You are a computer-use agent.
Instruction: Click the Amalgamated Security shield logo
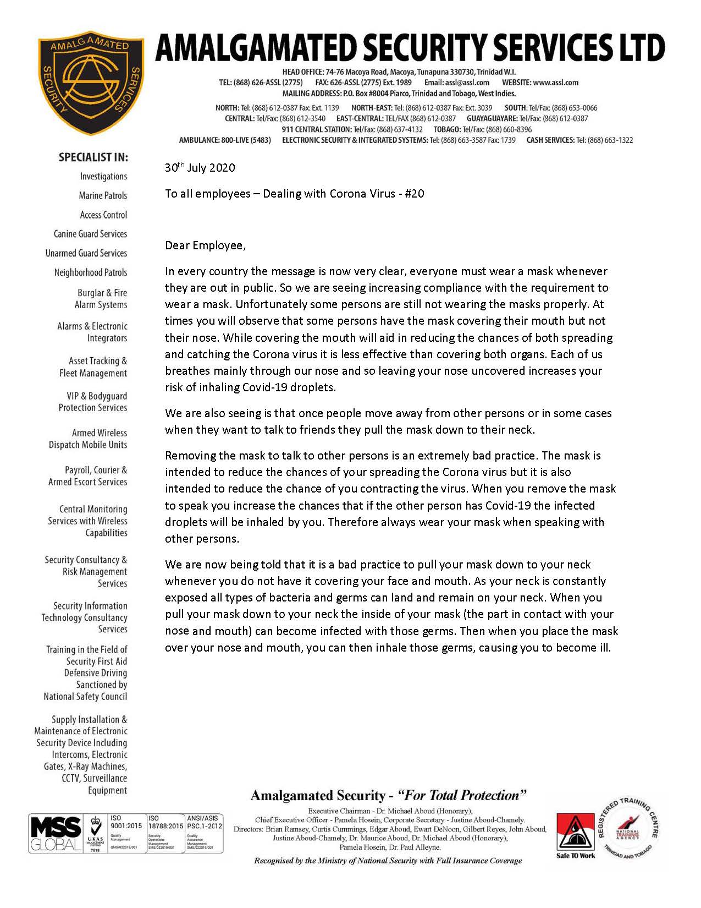tap(91, 82)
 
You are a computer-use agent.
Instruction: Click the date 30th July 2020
tap(200, 167)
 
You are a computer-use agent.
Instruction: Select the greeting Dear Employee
tap(205, 245)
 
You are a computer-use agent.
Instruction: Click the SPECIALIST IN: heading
tap(93, 157)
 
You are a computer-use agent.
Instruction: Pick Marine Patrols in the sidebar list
tap(103, 195)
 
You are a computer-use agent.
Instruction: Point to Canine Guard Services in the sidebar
tap(90, 234)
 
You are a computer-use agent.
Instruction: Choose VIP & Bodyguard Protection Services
tap(93, 402)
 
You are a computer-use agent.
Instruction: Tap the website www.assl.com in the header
tap(555, 83)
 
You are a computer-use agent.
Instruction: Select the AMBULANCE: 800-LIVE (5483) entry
tap(225, 140)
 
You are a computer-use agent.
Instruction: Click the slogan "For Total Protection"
tap(462, 795)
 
